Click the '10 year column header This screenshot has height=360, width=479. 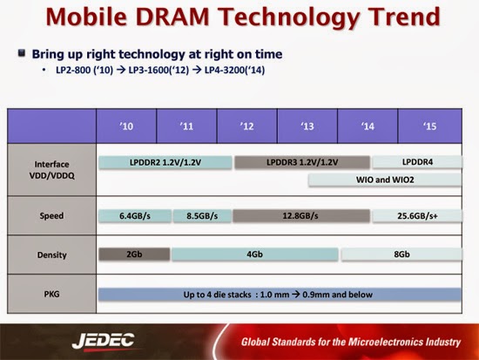point(125,126)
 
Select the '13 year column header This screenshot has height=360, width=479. point(307,126)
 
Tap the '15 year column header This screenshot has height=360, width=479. point(428,126)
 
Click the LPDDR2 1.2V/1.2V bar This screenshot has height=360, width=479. point(165,161)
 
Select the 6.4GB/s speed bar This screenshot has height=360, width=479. point(133,215)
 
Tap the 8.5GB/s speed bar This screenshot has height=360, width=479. point(201,215)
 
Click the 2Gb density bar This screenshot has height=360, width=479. point(133,255)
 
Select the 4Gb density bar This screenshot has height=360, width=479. point(254,255)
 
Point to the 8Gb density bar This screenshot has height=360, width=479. point(401,255)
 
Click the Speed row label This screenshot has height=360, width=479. point(51,215)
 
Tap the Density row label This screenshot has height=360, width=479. point(51,255)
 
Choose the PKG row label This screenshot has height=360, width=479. point(51,294)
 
